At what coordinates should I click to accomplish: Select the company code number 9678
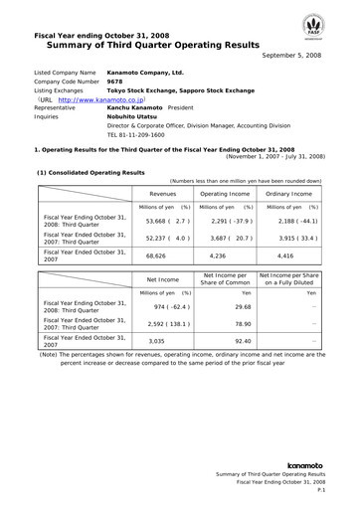(115, 84)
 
